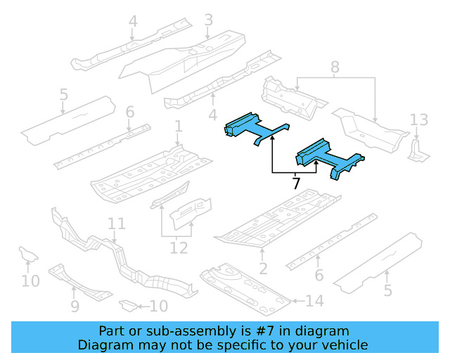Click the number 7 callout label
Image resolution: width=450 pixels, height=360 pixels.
tap(296, 184)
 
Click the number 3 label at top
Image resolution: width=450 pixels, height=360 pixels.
tap(208, 20)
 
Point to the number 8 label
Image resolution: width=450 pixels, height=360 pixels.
tap(335, 67)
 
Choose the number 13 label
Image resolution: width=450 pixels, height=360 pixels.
tap(418, 118)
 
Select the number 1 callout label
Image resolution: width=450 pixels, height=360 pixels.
tap(179, 127)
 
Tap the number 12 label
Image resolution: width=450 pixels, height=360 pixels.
tap(179, 247)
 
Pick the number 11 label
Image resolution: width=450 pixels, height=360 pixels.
tap(116, 224)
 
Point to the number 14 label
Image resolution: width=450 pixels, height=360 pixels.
tap(314, 302)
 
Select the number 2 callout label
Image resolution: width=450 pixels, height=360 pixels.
tap(263, 268)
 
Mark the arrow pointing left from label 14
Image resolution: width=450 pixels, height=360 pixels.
tap(297, 302)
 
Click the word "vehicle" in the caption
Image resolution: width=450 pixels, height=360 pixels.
tap(341, 345)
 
